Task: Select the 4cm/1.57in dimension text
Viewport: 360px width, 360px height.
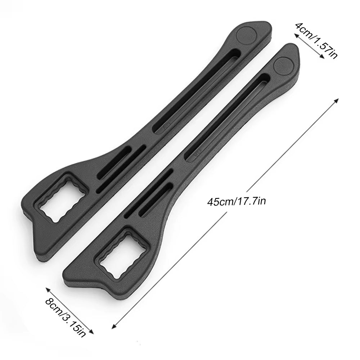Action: coord(316,40)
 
